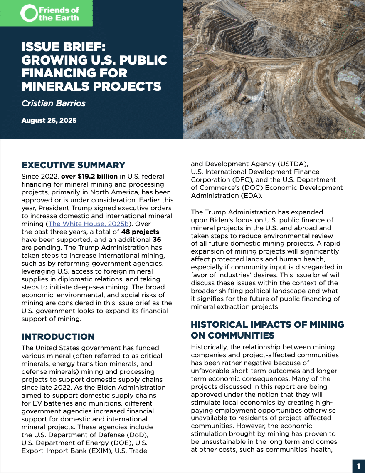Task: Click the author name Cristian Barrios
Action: click(53, 103)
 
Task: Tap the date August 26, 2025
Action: click(49, 121)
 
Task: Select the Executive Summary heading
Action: click(73, 165)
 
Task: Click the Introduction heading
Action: click(58, 336)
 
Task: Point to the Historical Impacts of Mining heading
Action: click(267, 330)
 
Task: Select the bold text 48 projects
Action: click(140, 232)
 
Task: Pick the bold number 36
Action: click(157, 239)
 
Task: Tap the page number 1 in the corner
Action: click(358, 466)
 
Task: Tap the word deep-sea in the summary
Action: click(127, 279)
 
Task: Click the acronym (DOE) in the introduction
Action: click(121, 443)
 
